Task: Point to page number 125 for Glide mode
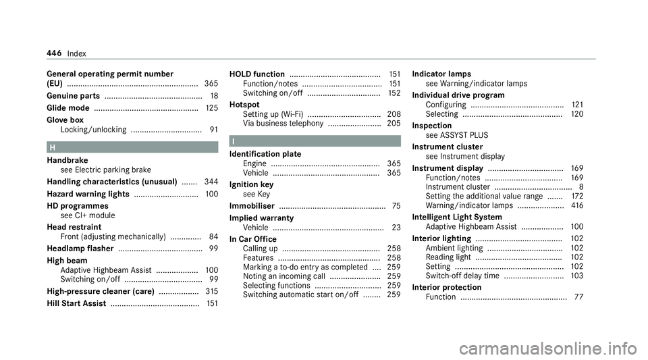(211, 108)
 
